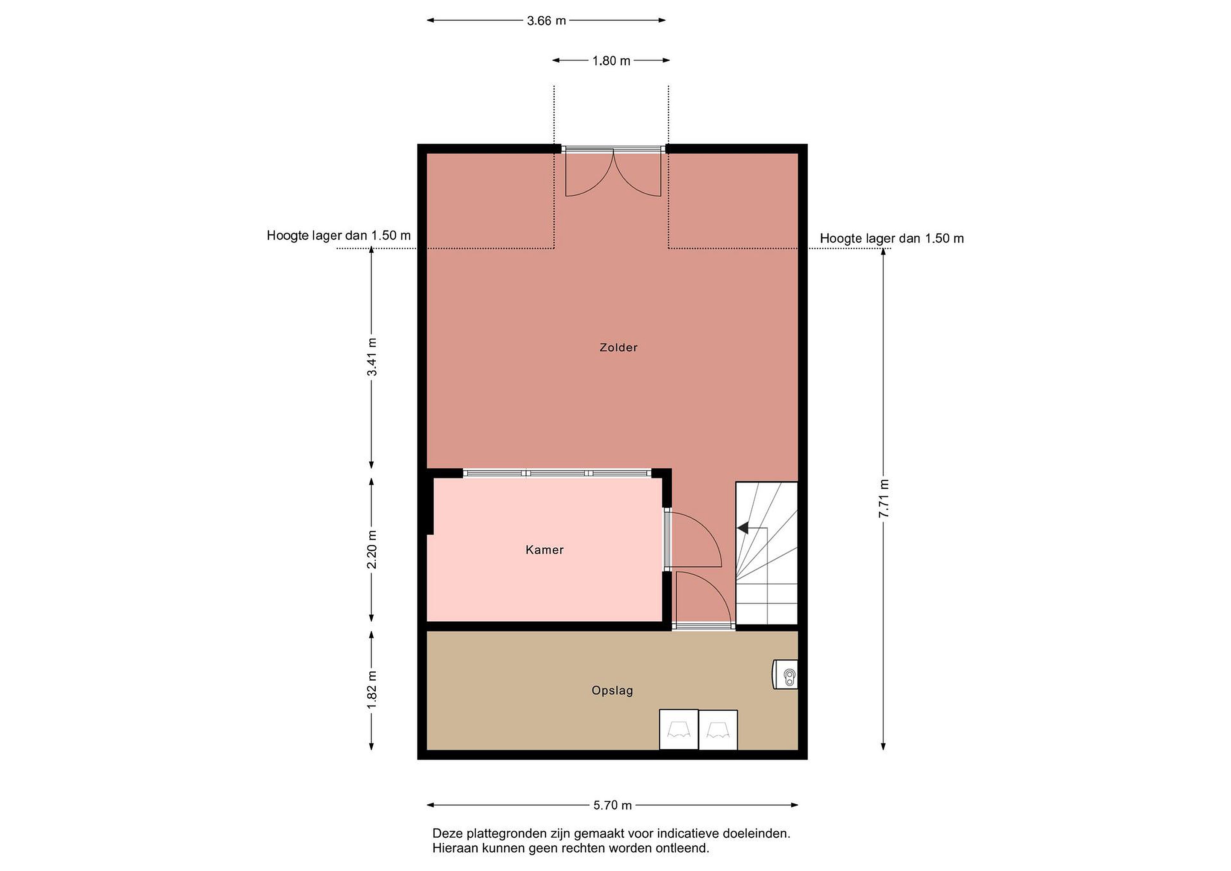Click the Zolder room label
pos(618,348)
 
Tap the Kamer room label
pos(544,550)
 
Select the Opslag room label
pos(612,691)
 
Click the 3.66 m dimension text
pos(546,21)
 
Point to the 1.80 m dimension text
pos(611,61)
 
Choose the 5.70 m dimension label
pos(612,805)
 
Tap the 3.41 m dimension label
pos(371,357)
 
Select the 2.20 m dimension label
pos(371,550)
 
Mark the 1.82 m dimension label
pos(371,689)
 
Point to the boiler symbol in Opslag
pos(785,674)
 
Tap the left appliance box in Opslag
pos(679,729)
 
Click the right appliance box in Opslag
pos(718,729)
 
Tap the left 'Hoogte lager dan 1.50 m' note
pos(339,236)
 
